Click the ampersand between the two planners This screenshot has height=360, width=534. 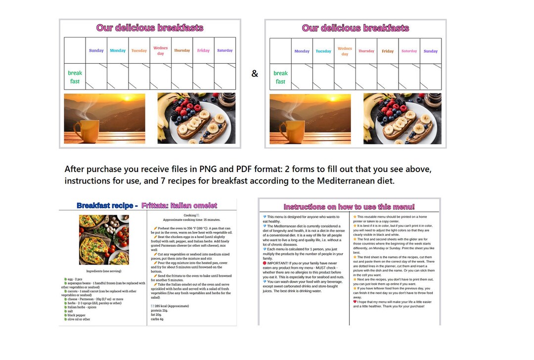click(x=255, y=74)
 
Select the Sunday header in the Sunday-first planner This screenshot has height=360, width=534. click(x=96, y=50)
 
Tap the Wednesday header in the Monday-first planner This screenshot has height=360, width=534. click(x=345, y=51)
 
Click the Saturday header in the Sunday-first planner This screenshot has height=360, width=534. click(x=224, y=50)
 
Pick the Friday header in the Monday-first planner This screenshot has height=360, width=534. click(x=388, y=51)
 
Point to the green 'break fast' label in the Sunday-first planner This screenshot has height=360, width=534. click(x=75, y=77)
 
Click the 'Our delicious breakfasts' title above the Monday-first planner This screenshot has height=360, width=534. click(x=355, y=28)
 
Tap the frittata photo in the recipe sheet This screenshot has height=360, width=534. click(x=104, y=239)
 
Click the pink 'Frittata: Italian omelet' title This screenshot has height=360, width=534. click(x=179, y=205)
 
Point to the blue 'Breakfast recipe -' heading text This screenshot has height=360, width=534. click(x=107, y=205)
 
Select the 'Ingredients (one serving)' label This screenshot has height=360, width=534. click(x=104, y=271)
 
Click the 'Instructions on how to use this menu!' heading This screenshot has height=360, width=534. click(x=349, y=207)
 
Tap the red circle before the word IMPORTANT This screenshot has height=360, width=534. click(x=265, y=263)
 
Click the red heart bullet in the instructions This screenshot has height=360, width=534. click(x=355, y=301)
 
